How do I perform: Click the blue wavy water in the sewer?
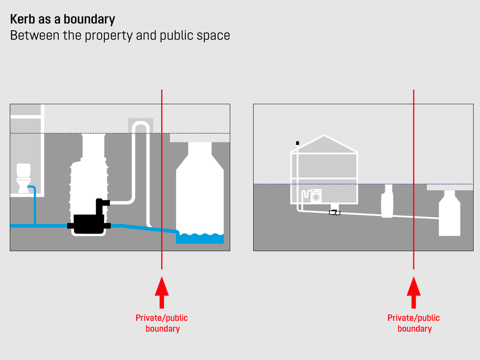click(200, 238)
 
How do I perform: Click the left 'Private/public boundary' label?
click(162, 323)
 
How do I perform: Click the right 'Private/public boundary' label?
click(414, 323)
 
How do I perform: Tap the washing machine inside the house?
click(316, 196)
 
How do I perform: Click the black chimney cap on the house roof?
click(297, 143)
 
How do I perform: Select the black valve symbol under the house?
click(334, 212)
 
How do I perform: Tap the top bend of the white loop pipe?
click(140, 125)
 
